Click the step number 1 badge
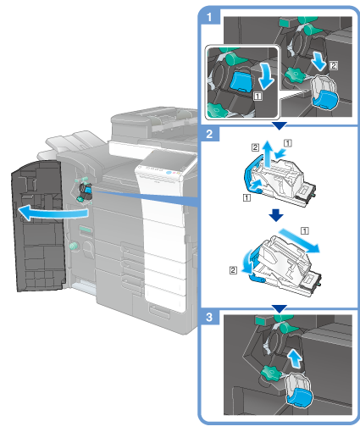point(209,17)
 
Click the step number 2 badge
point(209,134)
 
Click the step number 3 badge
point(209,317)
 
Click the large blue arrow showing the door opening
point(53,213)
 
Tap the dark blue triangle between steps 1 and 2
point(279,125)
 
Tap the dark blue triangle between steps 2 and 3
point(279,308)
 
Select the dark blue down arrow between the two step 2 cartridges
point(276,215)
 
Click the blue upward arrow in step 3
point(295,358)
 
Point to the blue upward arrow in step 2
point(267,153)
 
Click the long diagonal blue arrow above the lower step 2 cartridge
point(300,240)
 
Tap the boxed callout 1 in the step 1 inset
point(258,97)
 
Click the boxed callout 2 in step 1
point(334,66)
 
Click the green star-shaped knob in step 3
point(270,373)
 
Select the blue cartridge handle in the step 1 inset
point(240,82)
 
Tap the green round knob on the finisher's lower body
point(73,246)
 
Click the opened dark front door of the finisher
point(38,226)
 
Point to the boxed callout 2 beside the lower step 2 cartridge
point(233,270)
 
